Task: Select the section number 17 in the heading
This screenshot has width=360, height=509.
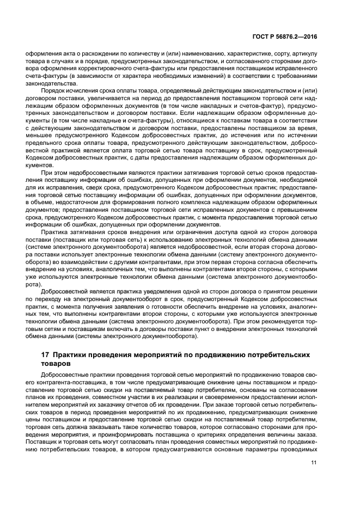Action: pyautogui.click(x=46, y=355)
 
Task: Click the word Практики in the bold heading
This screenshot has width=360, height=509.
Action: pyautogui.click(x=73, y=355)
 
